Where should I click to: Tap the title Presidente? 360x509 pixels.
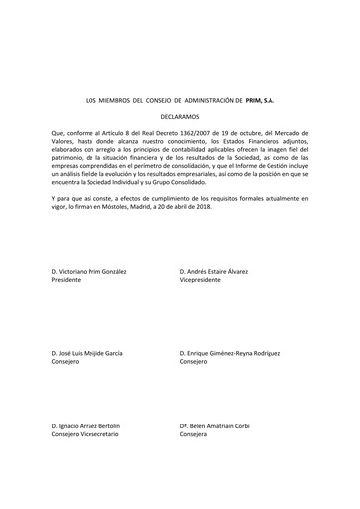[x=68, y=280]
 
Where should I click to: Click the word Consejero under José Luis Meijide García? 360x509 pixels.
[x=66, y=364]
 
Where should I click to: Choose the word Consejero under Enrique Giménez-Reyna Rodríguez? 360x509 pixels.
[x=194, y=364]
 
